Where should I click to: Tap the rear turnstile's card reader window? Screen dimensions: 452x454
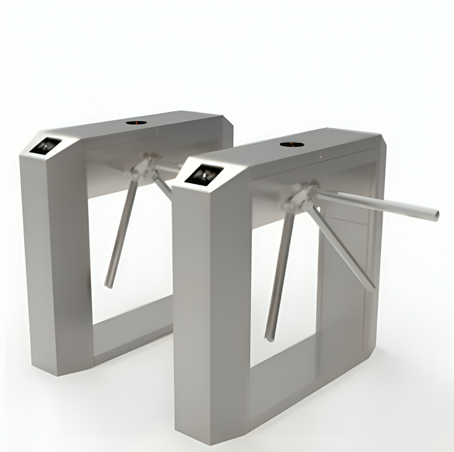coord(47,146)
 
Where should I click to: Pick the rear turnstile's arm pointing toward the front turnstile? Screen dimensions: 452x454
coord(163,185)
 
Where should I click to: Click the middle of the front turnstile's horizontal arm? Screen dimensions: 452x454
coord(375,204)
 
